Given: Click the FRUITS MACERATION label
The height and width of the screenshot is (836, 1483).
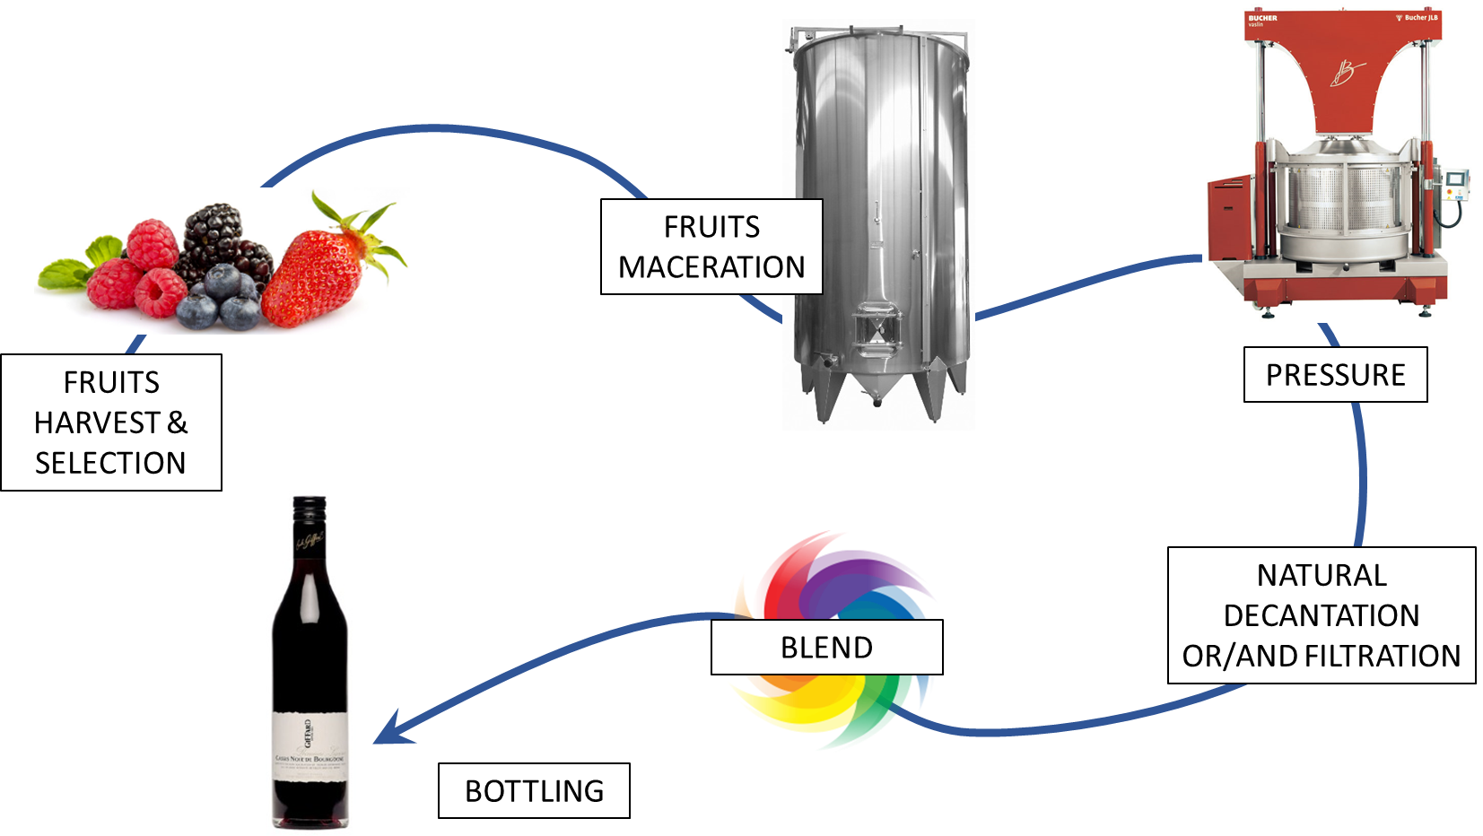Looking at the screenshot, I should click(711, 247).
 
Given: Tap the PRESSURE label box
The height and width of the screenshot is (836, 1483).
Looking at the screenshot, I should click(1335, 375).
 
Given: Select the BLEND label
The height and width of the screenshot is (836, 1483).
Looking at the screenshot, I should click(826, 648).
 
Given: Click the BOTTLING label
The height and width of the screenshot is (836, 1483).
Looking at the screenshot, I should click(534, 791).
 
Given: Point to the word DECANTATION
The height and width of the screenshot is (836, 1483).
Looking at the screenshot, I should click(1321, 616).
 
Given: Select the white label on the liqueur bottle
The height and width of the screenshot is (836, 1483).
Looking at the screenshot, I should click(310, 745).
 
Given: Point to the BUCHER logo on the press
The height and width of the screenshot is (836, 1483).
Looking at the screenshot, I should click(1262, 18).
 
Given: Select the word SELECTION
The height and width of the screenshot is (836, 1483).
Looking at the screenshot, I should click(110, 464).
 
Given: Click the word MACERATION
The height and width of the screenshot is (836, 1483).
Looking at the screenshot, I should click(711, 267).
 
